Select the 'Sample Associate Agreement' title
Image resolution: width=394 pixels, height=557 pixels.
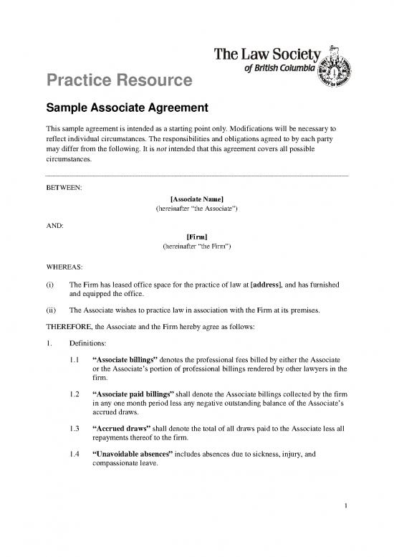[x=127, y=109]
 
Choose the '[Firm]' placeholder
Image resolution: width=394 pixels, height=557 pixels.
[x=196, y=235]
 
